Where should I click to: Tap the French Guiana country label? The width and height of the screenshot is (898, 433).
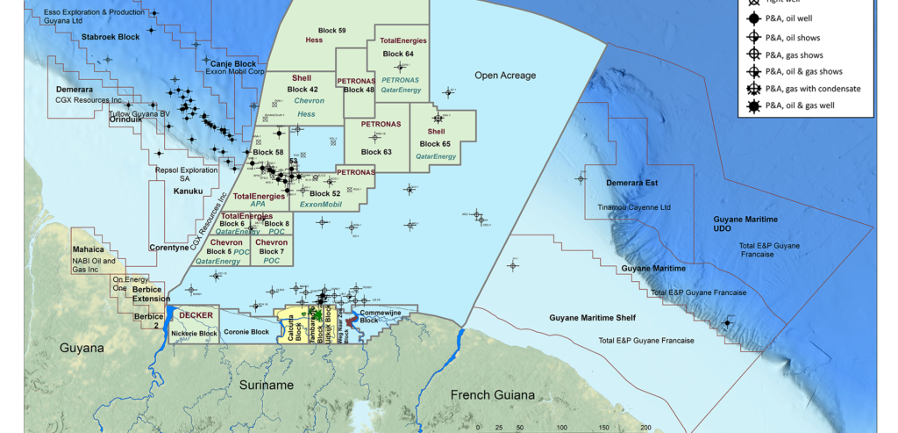492,394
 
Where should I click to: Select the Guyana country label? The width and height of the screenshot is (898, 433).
82,349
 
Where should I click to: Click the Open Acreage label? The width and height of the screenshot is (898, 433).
505,76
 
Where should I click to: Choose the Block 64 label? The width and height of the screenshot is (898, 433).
398,54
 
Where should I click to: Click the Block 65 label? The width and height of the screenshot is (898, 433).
435,143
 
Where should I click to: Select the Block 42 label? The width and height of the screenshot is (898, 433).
303,90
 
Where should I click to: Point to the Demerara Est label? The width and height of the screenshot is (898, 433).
631,183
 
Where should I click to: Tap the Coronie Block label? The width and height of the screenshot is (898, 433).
246,332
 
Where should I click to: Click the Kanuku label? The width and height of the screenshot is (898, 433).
188,191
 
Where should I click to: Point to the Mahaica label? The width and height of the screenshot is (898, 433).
89,249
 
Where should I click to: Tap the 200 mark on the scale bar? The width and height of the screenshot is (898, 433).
645,428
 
